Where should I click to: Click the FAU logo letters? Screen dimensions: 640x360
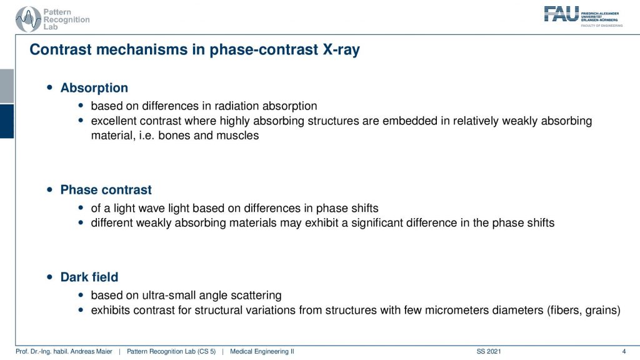click(x=561, y=14)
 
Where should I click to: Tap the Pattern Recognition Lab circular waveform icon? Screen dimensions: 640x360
click(x=28, y=19)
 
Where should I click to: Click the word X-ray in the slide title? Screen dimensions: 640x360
click(x=341, y=49)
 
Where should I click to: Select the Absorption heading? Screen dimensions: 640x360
click(x=94, y=87)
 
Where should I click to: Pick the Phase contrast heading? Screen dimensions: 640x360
click(x=106, y=190)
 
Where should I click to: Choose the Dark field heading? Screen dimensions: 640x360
click(x=89, y=277)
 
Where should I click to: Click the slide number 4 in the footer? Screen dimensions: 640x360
click(x=624, y=351)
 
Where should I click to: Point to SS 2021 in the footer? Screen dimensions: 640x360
click(x=489, y=351)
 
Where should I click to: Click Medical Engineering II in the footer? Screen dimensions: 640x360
click(x=262, y=351)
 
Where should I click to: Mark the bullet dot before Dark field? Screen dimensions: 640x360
click(x=50, y=277)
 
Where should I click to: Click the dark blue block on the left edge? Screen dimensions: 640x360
click(x=7, y=121)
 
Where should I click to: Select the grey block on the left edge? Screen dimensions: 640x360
click(x=7, y=86)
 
